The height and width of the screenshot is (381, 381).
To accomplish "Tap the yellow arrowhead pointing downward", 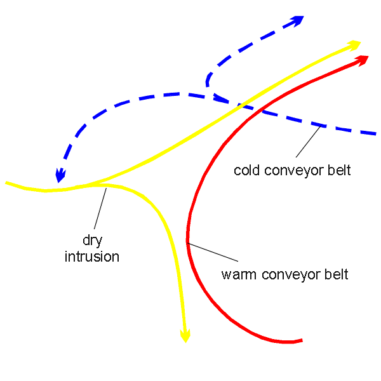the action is [185, 336].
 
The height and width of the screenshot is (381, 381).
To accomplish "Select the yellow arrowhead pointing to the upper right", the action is [354, 45].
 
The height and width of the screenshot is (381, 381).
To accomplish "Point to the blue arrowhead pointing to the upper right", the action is [297, 20].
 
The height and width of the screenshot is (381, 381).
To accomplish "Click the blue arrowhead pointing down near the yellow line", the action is [60, 175].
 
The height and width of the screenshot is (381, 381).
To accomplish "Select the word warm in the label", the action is [239, 274].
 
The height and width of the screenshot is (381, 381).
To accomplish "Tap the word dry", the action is [92, 241].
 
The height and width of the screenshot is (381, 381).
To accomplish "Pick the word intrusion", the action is [92, 257].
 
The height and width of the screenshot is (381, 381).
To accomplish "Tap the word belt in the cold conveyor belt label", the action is [339, 170].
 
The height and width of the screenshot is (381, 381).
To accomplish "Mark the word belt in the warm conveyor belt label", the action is [337, 274].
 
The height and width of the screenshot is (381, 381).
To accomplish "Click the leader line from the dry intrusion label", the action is [100, 208].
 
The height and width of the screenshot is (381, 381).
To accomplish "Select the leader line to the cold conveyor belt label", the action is [308, 142].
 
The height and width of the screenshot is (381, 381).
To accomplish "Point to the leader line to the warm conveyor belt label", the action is [213, 252].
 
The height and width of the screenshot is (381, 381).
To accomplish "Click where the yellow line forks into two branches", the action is [97, 184].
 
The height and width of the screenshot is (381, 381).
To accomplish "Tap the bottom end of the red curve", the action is [302, 340].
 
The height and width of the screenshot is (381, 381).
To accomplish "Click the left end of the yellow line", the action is [6, 183].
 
